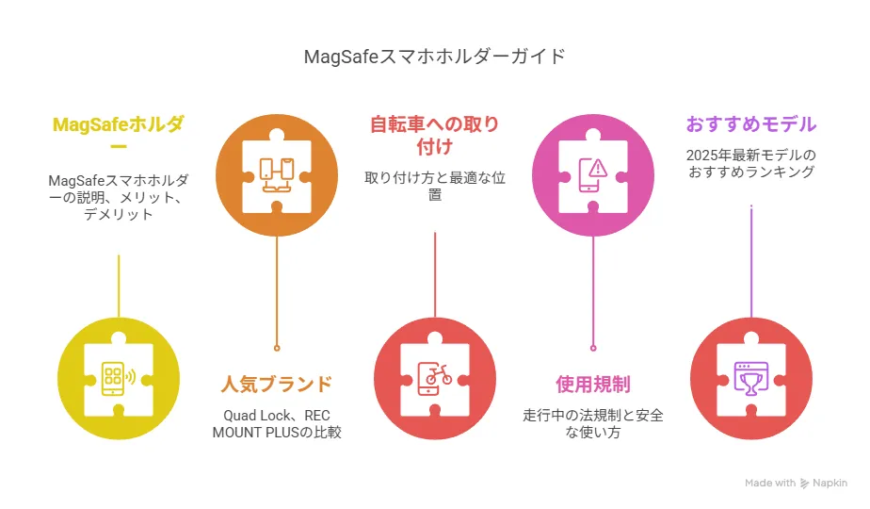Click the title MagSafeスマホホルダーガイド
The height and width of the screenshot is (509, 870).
coord(434,57)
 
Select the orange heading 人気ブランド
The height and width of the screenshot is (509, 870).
coord(276,384)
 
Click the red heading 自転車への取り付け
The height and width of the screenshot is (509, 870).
coord(434,135)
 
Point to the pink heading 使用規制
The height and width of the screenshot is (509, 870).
coord(593,384)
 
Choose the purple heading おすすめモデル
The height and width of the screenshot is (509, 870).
coord(751,123)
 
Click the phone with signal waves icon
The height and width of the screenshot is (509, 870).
coord(119,378)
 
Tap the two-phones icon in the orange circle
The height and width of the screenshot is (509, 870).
coord(277,175)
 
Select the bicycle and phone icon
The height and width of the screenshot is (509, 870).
coord(435,378)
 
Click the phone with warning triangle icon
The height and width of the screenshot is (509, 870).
coord(593,175)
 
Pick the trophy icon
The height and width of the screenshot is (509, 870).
coord(751,378)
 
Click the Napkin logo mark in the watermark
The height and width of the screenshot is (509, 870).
coord(804,484)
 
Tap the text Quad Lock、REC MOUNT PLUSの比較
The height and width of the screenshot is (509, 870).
coord(276,423)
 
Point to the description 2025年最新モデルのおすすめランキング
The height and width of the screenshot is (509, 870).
coord(751,163)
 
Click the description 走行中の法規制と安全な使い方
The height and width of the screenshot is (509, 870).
coord(593,423)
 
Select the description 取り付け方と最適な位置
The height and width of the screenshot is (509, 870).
coord(434,186)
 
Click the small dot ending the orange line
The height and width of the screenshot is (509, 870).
coord(277,349)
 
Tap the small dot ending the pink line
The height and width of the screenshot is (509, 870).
coord(593,349)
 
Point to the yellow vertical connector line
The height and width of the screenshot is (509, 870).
coord(119,287)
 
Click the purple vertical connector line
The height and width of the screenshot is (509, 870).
coord(751,261)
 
